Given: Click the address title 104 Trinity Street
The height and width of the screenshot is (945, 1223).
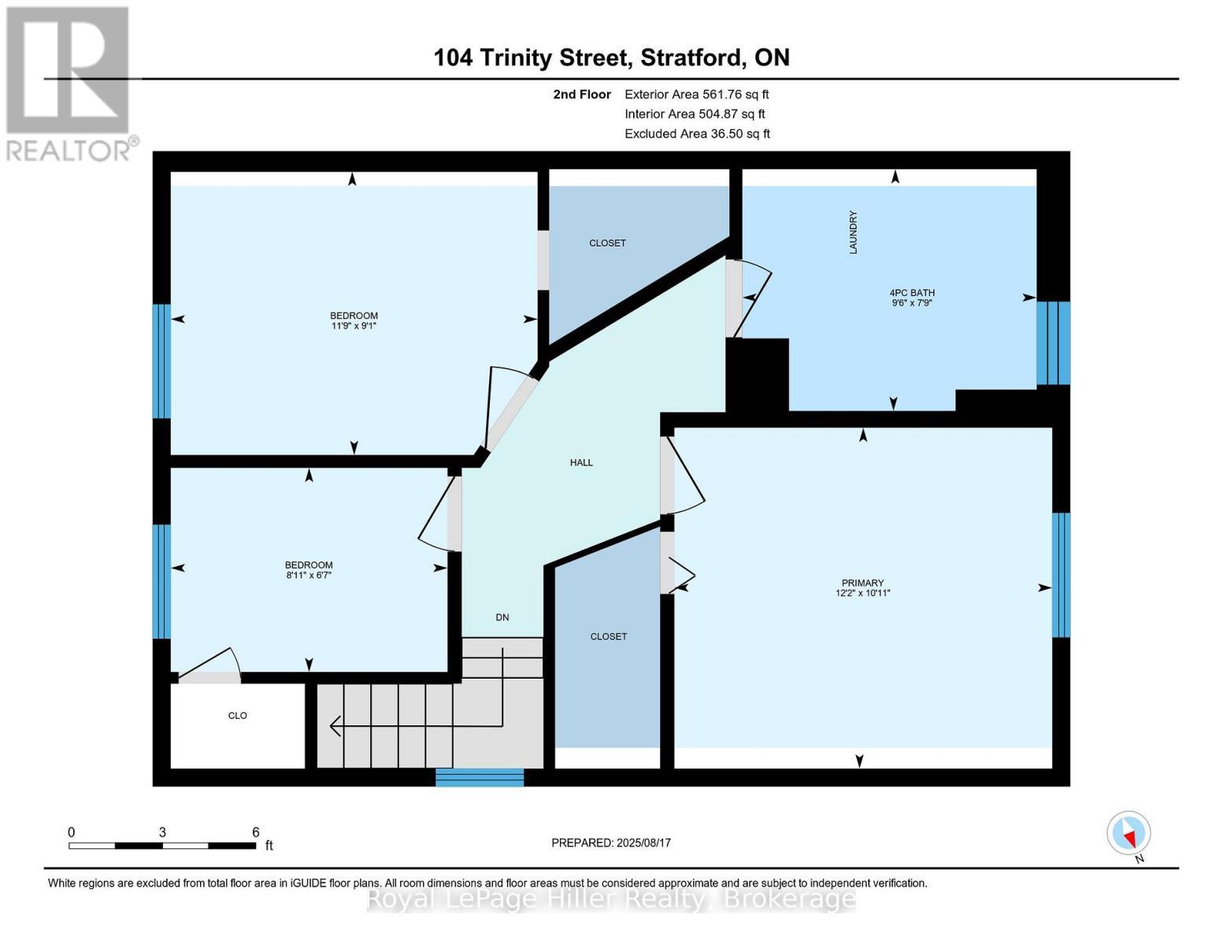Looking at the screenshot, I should click(611, 57).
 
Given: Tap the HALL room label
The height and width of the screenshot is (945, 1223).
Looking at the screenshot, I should click(581, 463).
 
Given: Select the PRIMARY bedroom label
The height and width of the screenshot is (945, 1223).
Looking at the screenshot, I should click(862, 583).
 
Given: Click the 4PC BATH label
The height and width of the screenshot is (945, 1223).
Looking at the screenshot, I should click(911, 292).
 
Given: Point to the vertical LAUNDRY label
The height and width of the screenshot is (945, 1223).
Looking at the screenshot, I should click(853, 232).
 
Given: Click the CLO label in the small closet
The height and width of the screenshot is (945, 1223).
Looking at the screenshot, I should click(237, 716).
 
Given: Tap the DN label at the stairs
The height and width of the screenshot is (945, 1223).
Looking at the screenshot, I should click(502, 617).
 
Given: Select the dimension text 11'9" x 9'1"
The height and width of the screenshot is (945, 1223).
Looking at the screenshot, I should click(354, 326).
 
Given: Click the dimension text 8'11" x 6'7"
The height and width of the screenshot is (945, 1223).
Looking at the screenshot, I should click(309, 576).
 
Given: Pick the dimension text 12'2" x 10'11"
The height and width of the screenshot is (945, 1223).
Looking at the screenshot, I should click(862, 594).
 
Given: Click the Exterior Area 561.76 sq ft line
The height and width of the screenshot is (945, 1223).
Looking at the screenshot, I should click(696, 94).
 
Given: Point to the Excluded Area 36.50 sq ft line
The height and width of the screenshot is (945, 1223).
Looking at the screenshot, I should click(697, 134).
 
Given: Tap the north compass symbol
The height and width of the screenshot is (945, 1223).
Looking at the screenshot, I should click(1129, 833).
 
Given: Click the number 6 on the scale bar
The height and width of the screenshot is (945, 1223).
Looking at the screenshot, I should click(256, 832).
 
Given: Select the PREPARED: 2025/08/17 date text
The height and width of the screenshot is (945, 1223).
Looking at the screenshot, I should click(611, 843).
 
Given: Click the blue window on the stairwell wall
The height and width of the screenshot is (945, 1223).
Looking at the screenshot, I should click(480, 777).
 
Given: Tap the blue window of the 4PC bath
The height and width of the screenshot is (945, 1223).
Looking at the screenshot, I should click(1053, 343).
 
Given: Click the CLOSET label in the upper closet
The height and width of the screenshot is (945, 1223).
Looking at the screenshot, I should click(607, 243).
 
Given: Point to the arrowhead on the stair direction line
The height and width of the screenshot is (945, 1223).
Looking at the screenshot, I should click(335, 726).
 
